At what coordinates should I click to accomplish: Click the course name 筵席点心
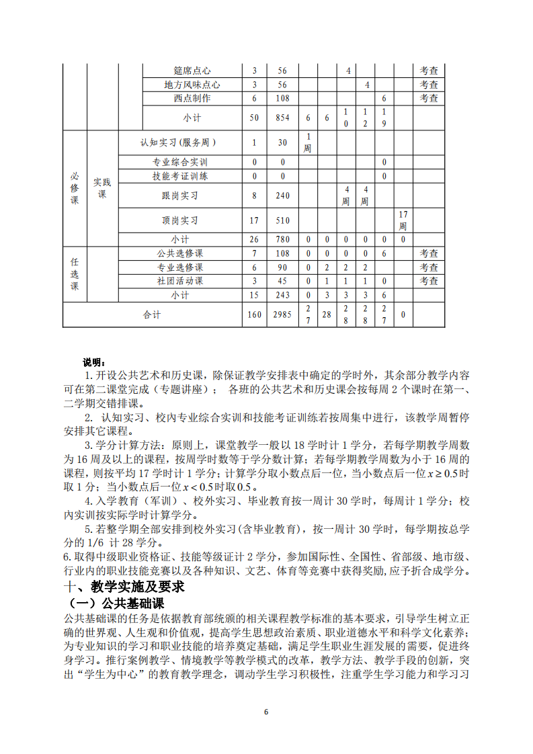192,71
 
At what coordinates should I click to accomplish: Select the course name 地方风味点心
192,85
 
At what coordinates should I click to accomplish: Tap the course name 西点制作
192,98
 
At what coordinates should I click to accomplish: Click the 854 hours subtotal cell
282,118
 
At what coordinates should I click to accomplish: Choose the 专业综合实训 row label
180,162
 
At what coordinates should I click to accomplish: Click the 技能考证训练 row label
180,176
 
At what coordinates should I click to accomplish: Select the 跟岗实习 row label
180,196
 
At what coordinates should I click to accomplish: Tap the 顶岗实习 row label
180,220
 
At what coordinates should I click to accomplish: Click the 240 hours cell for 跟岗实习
282,196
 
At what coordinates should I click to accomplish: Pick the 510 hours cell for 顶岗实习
282,220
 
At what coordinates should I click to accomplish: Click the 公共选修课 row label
180,253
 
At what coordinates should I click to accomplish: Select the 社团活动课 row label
180,281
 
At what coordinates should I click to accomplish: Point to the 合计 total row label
153,315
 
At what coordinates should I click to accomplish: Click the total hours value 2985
282,315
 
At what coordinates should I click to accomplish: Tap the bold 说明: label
93,363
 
